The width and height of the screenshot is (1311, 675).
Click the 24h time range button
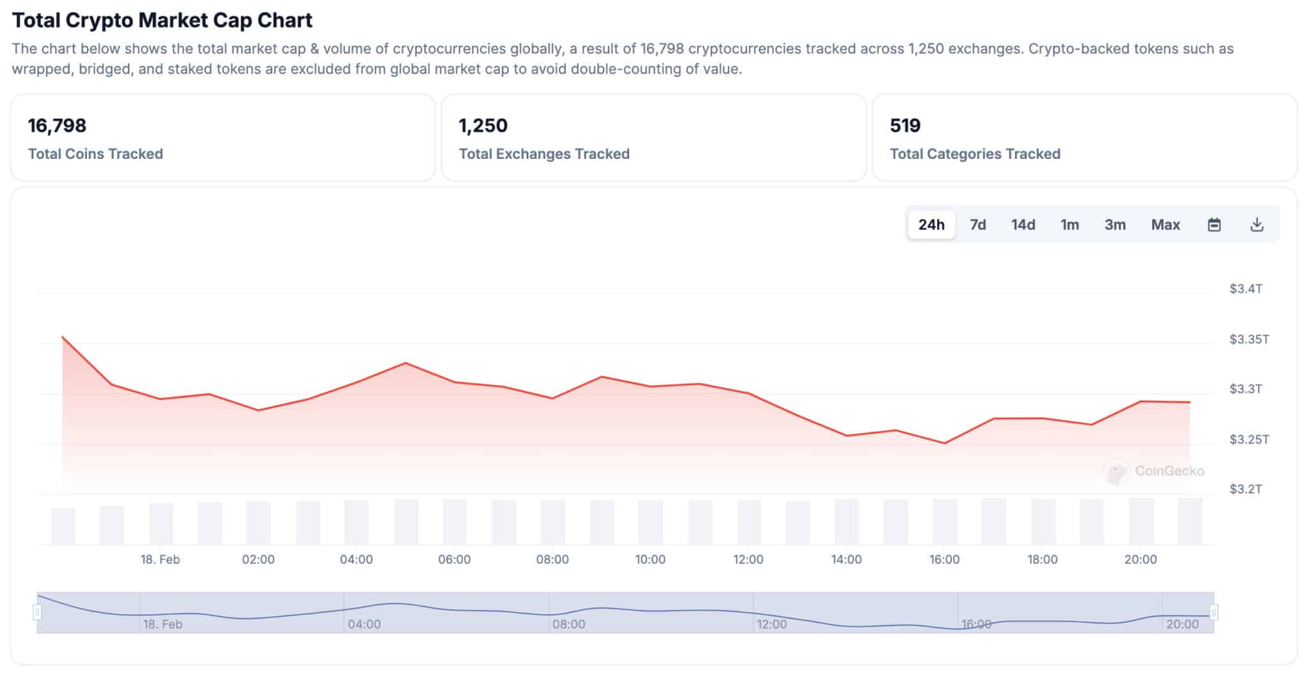click(931, 225)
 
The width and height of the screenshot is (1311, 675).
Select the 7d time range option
click(977, 225)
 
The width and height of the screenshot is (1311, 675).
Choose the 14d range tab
click(1023, 225)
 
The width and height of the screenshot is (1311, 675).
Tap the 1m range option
click(1070, 225)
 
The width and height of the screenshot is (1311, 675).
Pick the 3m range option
click(1114, 225)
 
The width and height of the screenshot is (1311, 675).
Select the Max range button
click(1165, 225)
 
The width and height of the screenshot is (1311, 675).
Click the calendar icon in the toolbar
click(1214, 225)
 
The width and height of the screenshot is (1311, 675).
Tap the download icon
click(1257, 225)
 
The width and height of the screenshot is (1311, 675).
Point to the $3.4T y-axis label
click(1245, 289)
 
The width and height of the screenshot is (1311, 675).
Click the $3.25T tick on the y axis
click(1249, 439)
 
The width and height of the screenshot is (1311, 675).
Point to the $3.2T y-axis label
click(1245, 489)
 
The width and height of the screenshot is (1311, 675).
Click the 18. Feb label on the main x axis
click(160, 560)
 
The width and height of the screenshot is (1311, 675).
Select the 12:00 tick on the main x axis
click(748, 560)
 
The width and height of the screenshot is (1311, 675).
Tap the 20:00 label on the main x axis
click(1140, 560)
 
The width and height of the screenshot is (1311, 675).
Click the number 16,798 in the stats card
click(57, 126)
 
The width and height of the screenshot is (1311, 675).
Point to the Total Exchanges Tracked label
click(544, 154)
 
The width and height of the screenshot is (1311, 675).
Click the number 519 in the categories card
click(905, 126)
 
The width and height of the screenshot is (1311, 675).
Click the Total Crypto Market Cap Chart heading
click(162, 20)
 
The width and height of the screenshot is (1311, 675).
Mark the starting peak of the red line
click(63, 337)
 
